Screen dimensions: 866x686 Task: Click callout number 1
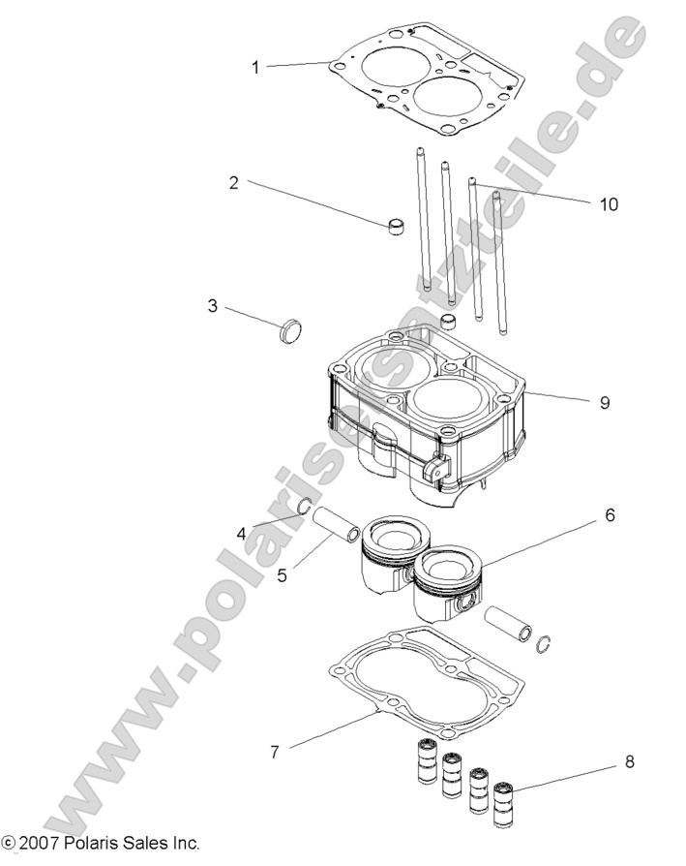coord(255,67)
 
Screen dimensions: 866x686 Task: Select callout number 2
coord(233,182)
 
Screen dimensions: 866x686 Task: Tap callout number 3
coord(212,306)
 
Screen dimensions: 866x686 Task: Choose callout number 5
coord(283,574)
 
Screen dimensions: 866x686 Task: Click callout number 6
coord(610,515)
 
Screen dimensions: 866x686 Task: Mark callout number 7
coord(275,751)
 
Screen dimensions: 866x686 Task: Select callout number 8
coord(629,761)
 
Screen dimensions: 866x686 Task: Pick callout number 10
coord(608,204)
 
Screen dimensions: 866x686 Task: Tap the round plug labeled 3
coord(290,329)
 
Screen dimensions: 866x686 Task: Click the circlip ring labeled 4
coord(304,506)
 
